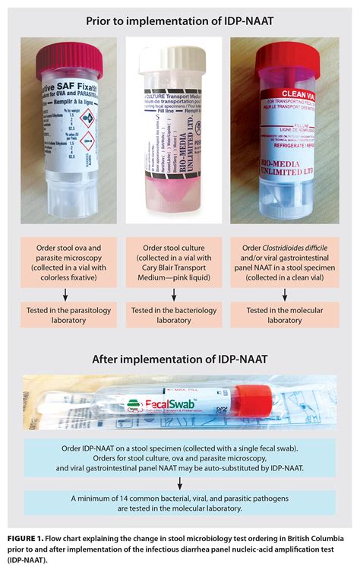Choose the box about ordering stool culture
179,261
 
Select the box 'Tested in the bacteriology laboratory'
179,315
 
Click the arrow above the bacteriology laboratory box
179,294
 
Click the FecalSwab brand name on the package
162,406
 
